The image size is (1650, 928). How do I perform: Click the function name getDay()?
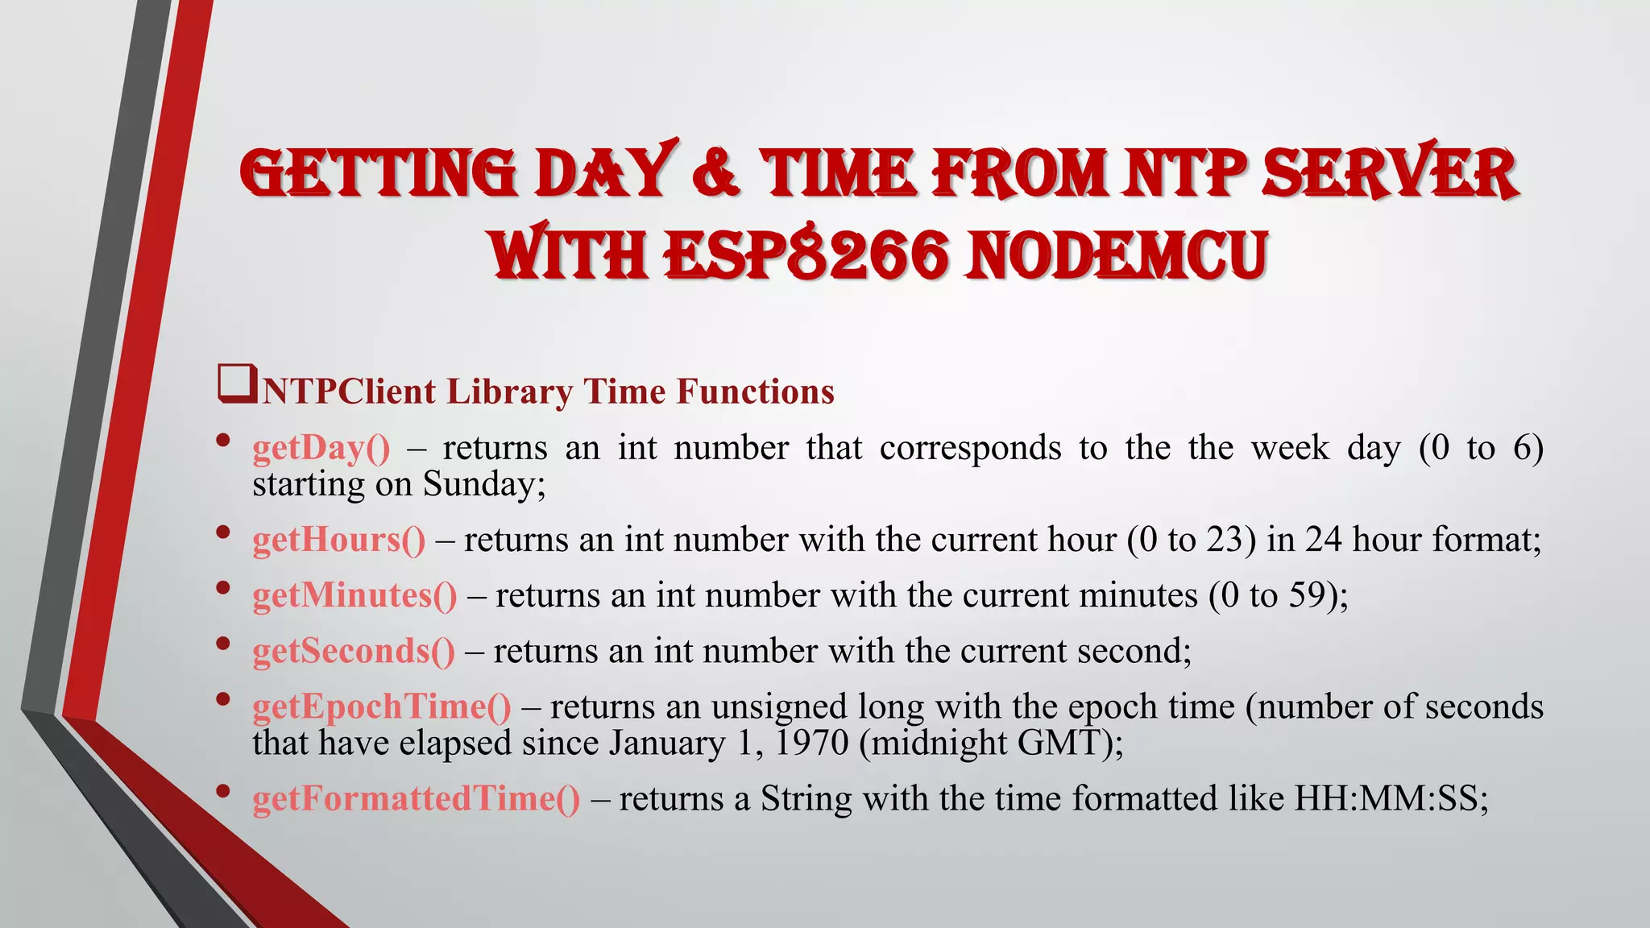[x=321, y=449]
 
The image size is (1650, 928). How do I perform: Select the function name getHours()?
[x=338, y=540]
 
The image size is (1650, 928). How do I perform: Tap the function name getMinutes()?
[x=354, y=595]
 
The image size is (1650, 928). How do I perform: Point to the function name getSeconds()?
[x=353, y=651]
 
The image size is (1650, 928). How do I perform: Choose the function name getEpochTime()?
[x=381, y=706]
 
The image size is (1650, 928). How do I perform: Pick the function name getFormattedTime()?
[x=416, y=798]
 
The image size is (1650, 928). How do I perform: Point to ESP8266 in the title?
[x=805, y=255]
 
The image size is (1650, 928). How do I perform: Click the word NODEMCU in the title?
[x=1117, y=255]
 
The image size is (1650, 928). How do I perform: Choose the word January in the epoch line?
[x=666, y=743]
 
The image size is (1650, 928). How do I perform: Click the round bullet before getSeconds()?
[x=223, y=643]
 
